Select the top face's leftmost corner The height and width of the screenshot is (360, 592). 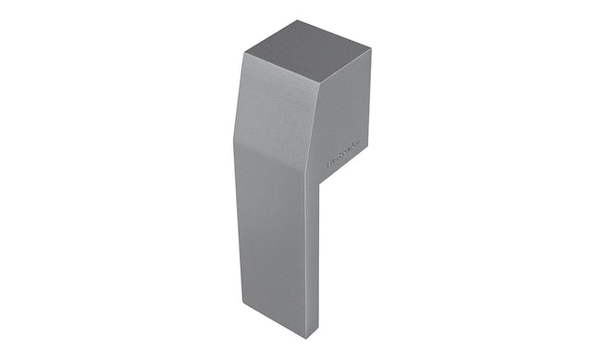pyautogui.click(x=245, y=53)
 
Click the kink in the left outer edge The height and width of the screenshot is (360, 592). pyautogui.click(x=234, y=143)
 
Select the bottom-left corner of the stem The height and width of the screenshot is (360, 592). pyautogui.click(x=242, y=302)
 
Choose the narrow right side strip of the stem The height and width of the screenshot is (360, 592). pyautogui.click(x=313, y=259)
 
